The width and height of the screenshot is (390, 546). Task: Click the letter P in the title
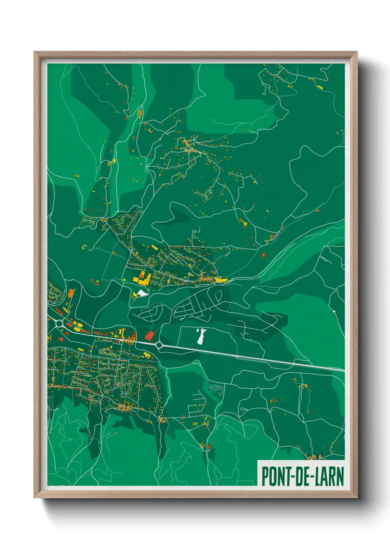tap(265, 476)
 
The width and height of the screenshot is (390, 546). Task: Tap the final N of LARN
tap(340, 476)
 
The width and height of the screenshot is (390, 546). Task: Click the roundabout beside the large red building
tap(159, 345)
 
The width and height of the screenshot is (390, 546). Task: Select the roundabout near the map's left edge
tap(59, 324)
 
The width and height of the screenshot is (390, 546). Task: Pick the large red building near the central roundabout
tap(149, 335)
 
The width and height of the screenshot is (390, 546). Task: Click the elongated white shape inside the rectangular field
tap(201, 336)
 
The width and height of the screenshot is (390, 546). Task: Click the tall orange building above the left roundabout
tap(71, 294)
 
